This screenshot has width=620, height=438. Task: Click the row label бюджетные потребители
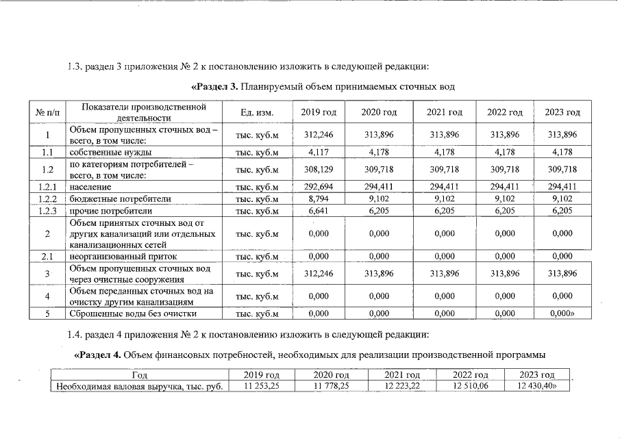pyautogui.click(x=110, y=198)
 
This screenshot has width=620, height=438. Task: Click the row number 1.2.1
pyautogui.click(x=47, y=186)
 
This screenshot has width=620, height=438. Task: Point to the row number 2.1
pyautogui.click(x=47, y=257)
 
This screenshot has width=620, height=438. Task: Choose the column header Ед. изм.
pyautogui.click(x=257, y=112)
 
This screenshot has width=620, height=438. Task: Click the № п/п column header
pyautogui.click(x=47, y=112)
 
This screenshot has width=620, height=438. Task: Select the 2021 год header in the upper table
pyautogui.click(x=444, y=112)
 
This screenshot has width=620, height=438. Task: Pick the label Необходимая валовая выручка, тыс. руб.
pyautogui.click(x=140, y=387)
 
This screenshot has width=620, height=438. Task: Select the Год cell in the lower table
pyautogui.click(x=140, y=375)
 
